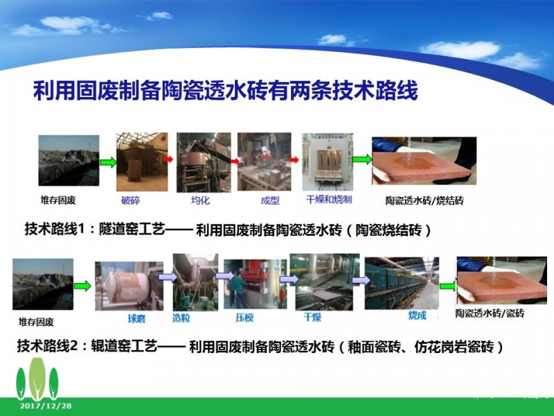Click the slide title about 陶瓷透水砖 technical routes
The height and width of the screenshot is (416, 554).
click(226, 91)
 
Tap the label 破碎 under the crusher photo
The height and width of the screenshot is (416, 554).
click(130, 200)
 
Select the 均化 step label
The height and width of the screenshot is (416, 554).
click(200, 200)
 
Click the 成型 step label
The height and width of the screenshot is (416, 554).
click(270, 200)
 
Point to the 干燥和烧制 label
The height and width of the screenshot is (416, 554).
click(328, 200)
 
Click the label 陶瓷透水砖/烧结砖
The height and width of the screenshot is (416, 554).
click(425, 200)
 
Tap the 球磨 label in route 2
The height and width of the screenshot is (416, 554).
click(136, 319)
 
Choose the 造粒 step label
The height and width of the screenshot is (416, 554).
click(181, 318)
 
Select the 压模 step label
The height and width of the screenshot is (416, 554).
click(244, 318)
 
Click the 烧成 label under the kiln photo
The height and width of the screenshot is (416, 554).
click(418, 315)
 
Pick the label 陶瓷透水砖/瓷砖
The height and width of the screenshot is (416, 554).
click(490, 313)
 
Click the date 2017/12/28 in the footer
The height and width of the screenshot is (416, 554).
click(46, 406)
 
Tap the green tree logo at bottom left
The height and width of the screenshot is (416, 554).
click(37, 379)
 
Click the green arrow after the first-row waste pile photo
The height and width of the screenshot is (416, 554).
click(108, 162)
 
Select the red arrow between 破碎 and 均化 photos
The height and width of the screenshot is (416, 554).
click(168, 159)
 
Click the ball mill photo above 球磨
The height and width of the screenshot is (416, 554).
click(129, 286)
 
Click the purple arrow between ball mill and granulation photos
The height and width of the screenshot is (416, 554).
click(167, 276)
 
